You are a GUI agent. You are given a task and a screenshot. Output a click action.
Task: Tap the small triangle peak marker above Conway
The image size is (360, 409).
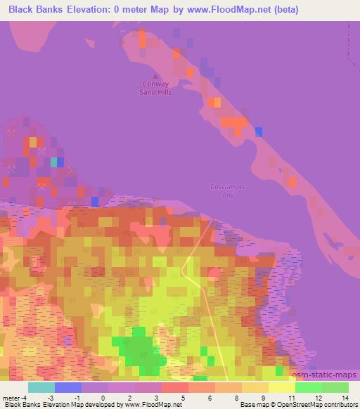[146, 75]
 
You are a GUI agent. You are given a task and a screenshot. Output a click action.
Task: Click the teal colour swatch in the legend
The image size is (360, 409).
[41, 387]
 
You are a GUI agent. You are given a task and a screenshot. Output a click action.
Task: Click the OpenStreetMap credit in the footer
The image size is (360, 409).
[311, 404]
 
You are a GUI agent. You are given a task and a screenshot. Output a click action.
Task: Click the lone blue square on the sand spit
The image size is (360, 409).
[259, 131]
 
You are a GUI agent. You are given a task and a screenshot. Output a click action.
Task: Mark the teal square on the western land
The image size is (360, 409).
[53, 162]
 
